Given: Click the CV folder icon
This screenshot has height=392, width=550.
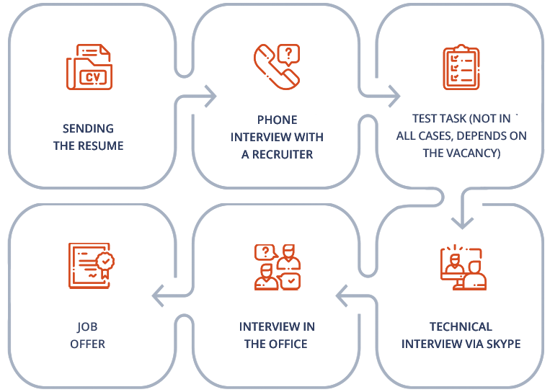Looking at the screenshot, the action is [x=89, y=67].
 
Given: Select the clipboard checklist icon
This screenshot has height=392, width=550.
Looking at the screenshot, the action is [x=461, y=67].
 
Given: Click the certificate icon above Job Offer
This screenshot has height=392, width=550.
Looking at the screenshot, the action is [x=92, y=266].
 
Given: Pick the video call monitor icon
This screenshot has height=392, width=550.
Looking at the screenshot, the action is [x=463, y=268].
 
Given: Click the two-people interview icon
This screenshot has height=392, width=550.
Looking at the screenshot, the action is [x=277, y=267].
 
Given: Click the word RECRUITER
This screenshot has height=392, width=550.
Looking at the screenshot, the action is [x=283, y=154].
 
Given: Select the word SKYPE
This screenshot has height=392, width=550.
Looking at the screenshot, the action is [x=503, y=344].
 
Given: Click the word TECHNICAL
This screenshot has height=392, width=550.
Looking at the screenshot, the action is [x=461, y=326].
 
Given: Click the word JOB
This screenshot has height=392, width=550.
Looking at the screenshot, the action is [x=87, y=326].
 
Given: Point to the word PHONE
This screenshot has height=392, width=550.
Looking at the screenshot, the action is [x=277, y=120].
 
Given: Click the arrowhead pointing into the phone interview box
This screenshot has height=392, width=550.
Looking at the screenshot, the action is [x=210, y=96].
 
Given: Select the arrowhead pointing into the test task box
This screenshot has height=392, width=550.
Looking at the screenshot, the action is [x=394, y=96].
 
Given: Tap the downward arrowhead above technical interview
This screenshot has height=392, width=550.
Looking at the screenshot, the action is [x=462, y=223].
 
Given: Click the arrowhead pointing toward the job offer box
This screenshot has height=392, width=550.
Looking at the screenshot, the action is [x=158, y=296].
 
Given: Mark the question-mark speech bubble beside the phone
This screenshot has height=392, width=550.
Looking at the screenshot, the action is [x=288, y=55].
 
